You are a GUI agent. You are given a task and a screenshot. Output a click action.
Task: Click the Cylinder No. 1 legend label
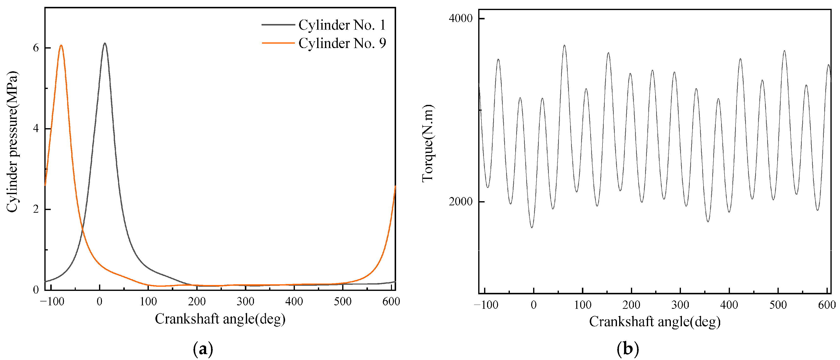342,25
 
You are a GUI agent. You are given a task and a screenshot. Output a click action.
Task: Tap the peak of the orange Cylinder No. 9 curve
61,45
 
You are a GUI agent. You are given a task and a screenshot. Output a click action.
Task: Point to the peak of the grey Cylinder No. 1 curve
105,43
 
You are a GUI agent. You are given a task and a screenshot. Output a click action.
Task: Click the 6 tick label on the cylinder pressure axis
36,48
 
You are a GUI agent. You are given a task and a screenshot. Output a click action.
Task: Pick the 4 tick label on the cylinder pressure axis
36,128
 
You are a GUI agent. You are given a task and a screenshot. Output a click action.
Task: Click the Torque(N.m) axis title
428,143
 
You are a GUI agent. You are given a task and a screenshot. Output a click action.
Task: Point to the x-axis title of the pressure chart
220,319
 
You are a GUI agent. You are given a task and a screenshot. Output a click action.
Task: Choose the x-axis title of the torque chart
655,322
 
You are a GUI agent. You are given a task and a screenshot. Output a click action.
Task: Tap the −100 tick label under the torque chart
486,305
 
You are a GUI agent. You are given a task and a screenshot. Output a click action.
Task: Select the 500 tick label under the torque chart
778,305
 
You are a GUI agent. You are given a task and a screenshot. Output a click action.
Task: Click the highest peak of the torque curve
564,45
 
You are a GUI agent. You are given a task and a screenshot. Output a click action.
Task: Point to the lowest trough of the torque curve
532,227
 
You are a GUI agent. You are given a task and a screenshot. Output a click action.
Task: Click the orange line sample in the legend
278,43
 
